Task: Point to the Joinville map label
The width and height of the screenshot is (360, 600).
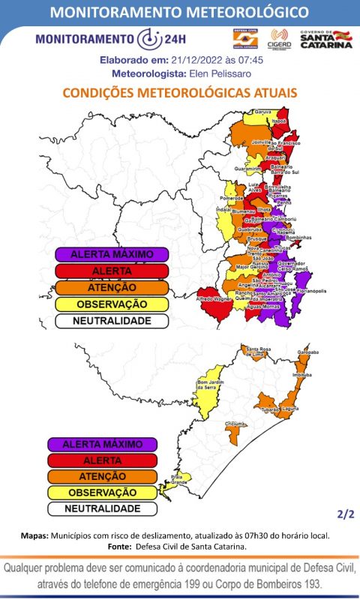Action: tap(261, 141)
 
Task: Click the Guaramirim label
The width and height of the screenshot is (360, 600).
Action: tap(257, 169)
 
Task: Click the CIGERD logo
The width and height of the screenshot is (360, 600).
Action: tap(280, 38)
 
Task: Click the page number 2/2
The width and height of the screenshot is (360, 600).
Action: tap(344, 514)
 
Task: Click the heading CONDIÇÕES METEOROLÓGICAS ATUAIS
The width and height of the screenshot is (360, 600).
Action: tap(180, 92)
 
